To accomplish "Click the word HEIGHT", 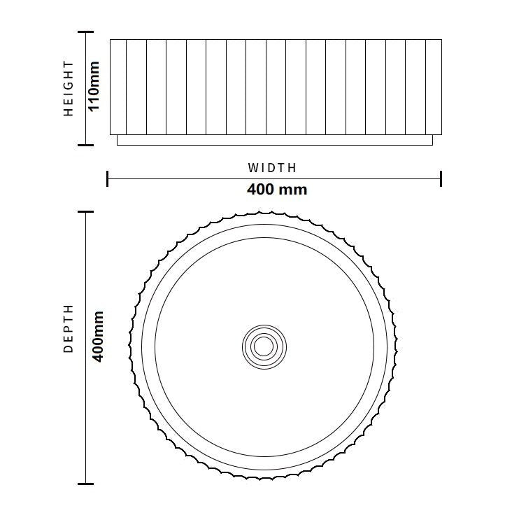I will tap(69, 88).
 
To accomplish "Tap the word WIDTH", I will tap(272, 168).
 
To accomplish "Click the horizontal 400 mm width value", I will tap(276, 189).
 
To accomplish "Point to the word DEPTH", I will tap(69, 329).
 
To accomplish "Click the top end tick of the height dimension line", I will tap(85, 31).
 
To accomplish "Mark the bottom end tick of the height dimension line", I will tap(85, 145).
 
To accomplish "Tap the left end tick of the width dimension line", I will tap(107, 178).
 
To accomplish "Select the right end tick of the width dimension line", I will tap(441, 178).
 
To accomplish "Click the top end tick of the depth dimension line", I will tap(85, 211).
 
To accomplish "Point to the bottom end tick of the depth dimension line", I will tap(85, 483).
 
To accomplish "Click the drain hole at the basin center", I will tap(264, 345).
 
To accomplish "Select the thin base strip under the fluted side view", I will tap(274, 140).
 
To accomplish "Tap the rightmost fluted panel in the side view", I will tap(434, 87).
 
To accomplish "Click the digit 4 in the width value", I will tap(252, 189).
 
